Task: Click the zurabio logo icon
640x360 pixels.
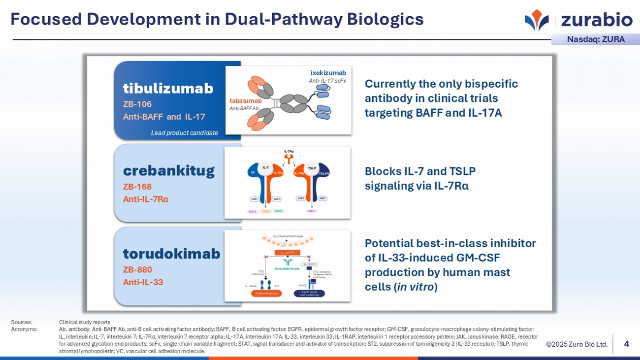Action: (x=537, y=19)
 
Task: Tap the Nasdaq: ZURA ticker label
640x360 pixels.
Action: (x=596, y=39)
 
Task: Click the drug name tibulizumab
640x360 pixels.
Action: (x=168, y=88)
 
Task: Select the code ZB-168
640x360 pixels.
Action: (x=137, y=187)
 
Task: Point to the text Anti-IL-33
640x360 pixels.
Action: (x=143, y=282)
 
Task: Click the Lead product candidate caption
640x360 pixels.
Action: (x=184, y=133)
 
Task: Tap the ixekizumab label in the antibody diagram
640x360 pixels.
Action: (x=328, y=73)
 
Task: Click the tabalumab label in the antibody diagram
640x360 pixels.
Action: (x=245, y=101)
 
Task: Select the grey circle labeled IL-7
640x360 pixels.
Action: (x=265, y=167)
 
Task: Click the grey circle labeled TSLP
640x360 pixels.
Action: (x=312, y=167)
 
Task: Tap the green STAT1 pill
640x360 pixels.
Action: (x=279, y=211)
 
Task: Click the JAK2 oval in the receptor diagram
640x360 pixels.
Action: (x=300, y=198)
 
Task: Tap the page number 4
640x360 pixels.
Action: (x=626, y=344)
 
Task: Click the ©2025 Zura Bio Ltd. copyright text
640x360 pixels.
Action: (x=576, y=344)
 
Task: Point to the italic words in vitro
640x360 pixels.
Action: (x=416, y=287)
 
